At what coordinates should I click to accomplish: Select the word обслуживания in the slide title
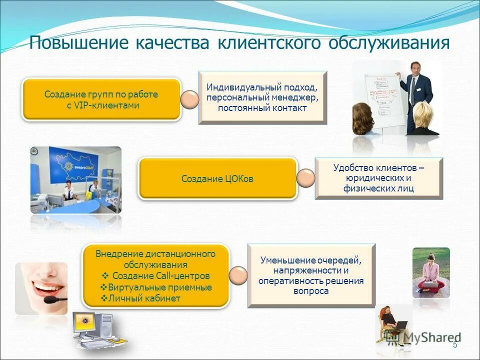(x=388, y=43)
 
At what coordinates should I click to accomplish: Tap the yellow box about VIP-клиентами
(x=101, y=99)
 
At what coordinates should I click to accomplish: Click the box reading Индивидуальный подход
(x=262, y=97)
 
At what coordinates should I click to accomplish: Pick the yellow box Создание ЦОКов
(x=217, y=178)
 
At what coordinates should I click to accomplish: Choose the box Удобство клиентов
(x=378, y=178)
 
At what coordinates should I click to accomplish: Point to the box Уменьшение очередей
(x=311, y=275)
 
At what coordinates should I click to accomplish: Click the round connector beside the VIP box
(x=189, y=100)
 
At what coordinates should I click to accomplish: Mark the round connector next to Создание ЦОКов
(x=305, y=177)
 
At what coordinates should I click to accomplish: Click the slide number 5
(x=455, y=344)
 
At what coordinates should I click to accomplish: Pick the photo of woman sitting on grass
(x=431, y=272)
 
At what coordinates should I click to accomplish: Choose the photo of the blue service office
(x=76, y=179)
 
